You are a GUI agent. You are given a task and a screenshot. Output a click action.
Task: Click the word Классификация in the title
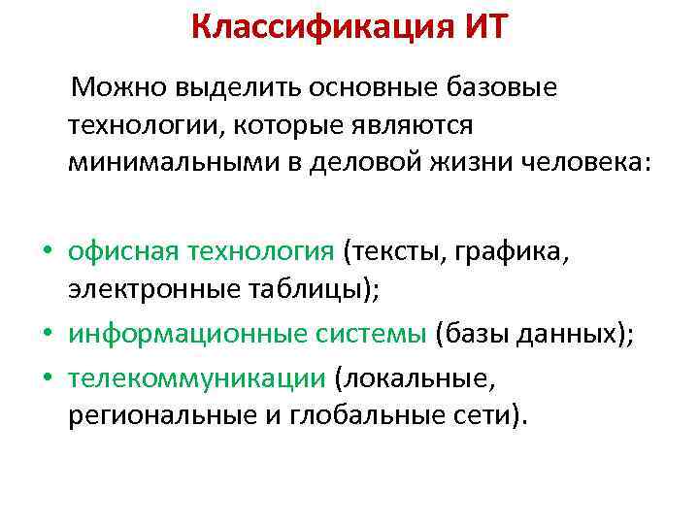(x=317, y=26)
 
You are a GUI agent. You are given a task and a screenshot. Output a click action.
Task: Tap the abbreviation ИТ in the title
(x=480, y=26)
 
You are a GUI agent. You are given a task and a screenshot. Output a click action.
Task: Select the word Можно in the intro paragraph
(x=118, y=89)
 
